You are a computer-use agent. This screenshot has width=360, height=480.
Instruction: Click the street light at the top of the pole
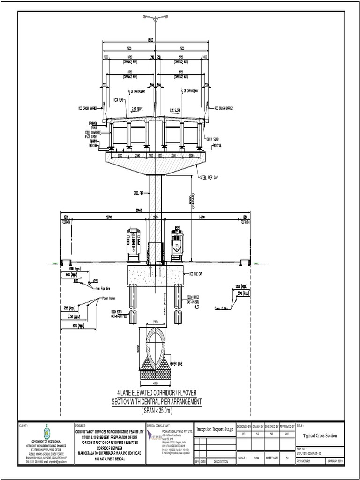click(x=156, y=17)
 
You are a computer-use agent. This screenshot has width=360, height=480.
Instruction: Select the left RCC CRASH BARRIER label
click(x=87, y=108)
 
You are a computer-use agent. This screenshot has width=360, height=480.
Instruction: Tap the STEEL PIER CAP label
click(x=210, y=177)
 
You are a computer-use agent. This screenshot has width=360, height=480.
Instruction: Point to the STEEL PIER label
click(x=139, y=193)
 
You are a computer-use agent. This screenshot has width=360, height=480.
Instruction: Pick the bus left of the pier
click(x=134, y=244)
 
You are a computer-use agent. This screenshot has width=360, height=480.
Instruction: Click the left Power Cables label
click(x=108, y=298)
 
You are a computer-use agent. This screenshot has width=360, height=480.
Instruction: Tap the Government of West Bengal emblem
click(x=46, y=432)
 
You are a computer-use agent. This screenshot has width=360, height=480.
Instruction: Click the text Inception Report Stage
click(x=214, y=428)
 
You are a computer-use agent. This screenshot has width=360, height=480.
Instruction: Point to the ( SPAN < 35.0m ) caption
click(x=156, y=411)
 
